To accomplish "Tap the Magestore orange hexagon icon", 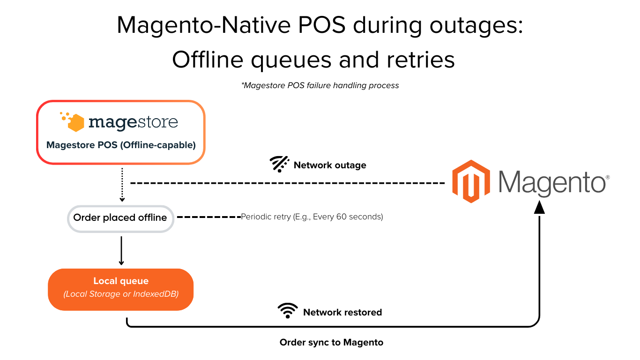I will (75, 123).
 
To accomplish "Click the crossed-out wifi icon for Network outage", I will (279, 165).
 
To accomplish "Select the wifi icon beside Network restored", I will (288, 311).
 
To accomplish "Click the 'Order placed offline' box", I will (120, 218).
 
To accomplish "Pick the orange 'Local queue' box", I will (120, 289).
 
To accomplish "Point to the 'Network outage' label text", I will (330, 165).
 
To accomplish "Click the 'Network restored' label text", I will (342, 312).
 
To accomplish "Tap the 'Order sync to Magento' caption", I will (331, 342).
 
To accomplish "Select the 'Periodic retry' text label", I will (312, 217).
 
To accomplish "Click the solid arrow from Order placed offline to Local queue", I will (121, 251).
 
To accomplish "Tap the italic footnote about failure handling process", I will (320, 85).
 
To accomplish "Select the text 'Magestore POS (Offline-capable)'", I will (121, 145).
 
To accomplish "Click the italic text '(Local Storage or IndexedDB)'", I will (121, 294).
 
